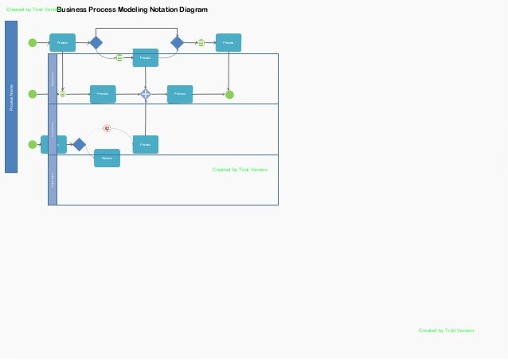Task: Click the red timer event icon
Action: [107, 128]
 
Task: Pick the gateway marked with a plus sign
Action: [146, 94]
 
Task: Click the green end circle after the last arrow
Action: [229, 95]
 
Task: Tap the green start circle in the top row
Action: [32, 43]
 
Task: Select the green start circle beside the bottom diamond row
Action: [32, 144]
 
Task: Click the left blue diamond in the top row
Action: [96, 42]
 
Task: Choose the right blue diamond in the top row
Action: [177, 42]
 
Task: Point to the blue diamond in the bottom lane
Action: [79, 144]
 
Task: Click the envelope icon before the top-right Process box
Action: [201, 42]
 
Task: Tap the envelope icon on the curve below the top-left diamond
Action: [119, 57]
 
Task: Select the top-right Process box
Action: [229, 42]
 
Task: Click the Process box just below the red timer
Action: [107, 158]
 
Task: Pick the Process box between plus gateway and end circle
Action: [180, 94]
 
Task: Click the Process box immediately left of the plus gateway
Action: [103, 94]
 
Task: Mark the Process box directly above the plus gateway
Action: [145, 57]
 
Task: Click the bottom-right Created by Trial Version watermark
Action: [446, 330]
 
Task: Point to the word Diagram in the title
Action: [192, 10]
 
